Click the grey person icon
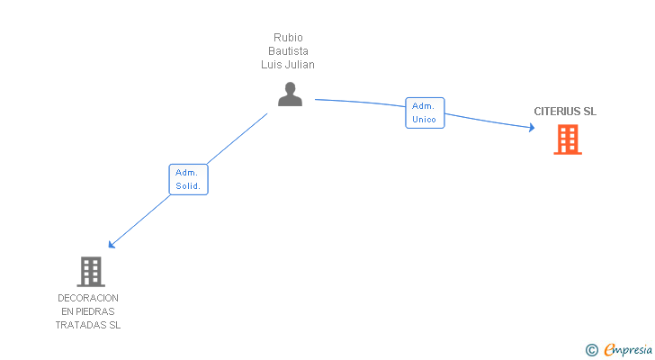(290, 94)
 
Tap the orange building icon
(567, 139)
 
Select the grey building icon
(90, 271)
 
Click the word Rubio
(288, 38)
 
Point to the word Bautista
(288, 51)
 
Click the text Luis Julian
(288, 65)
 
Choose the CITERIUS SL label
(565, 112)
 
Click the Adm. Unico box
(425, 112)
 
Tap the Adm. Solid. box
(188, 179)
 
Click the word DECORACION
(88, 298)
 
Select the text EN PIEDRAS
(88, 311)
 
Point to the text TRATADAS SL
(88, 325)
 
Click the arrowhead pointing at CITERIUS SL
(532, 128)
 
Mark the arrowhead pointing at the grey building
(112, 244)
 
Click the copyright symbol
(591, 350)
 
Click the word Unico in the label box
(425, 120)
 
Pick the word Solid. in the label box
(188, 186)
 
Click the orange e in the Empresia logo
(609, 350)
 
